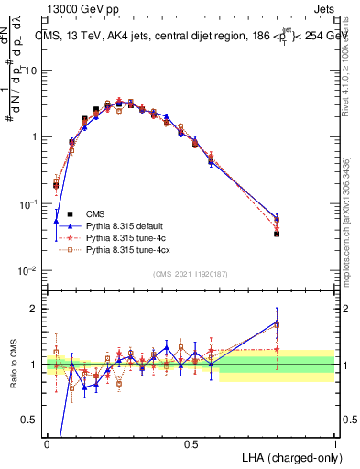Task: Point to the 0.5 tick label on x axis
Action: pyautogui.click(x=191, y=443)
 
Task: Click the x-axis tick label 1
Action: pyautogui.click(x=335, y=443)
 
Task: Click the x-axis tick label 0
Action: pyautogui.click(x=46, y=443)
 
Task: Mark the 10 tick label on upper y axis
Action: pyautogui.click(x=31, y=70)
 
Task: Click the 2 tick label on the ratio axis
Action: pyautogui.click(x=35, y=309)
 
